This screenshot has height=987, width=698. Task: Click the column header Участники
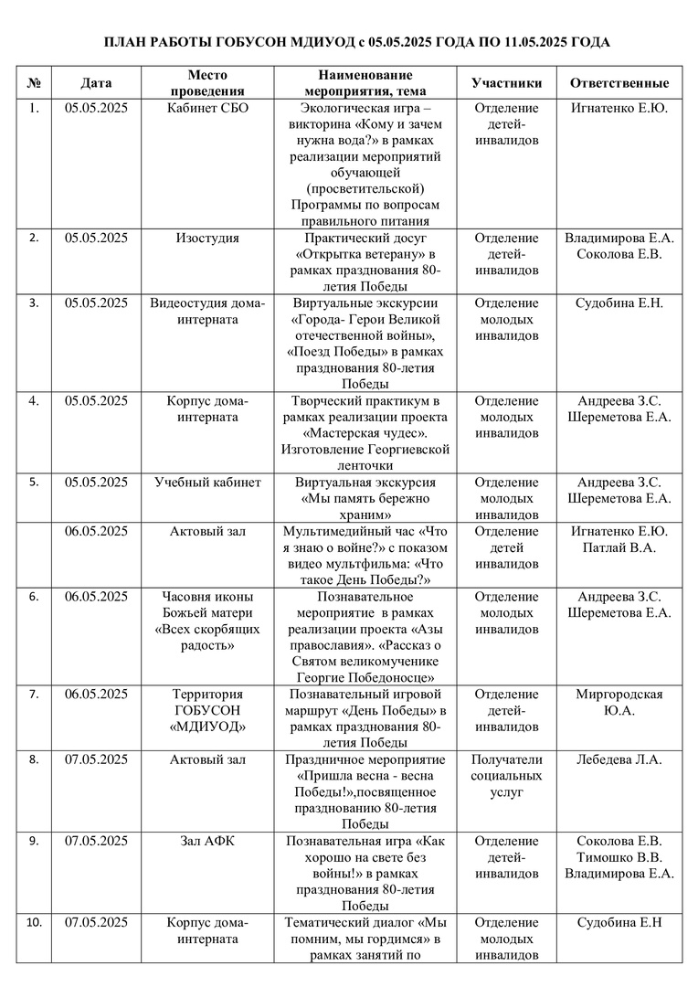(x=506, y=82)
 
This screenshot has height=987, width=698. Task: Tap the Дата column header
(x=96, y=82)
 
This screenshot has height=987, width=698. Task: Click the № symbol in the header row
(x=34, y=82)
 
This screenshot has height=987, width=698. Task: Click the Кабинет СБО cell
(x=207, y=108)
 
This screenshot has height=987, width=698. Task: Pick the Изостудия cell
(x=207, y=239)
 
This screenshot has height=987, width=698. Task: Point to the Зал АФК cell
(x=207, y=841)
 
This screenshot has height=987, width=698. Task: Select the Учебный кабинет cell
(x=207, y=483)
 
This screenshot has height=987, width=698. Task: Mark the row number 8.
(x=34, y=759)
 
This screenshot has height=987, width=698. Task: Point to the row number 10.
(x=34, y=922)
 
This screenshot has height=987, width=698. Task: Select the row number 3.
(x=34, y=303)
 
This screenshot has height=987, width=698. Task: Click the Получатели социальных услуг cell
(x=506, y=776)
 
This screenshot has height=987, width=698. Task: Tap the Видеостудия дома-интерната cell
(x=207, y=312)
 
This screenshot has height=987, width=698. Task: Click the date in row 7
(x=96, y=695)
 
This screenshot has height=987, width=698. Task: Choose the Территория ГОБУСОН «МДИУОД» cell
(x=207, y=711)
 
